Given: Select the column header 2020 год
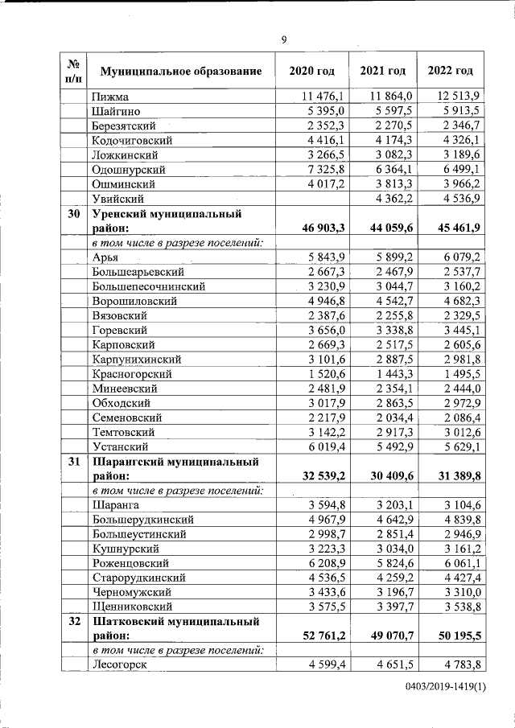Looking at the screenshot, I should pyautogui.click(x=311, y=71).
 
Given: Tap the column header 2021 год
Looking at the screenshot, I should pyautogui.click(x=382, y=71).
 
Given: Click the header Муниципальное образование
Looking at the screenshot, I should pyautogui.click(x=180, y=72).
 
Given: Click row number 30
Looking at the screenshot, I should pyautogui.click(x=73, y=215).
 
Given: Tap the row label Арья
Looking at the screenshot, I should pyautogui.click(x=105, y=257).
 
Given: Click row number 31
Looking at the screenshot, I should pyautogui.click(x=73, y=463).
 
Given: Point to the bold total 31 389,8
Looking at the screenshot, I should pyautogui.click(x=455, y=476).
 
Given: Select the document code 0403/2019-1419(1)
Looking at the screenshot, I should pyautogui.click(x=445, y=689).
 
